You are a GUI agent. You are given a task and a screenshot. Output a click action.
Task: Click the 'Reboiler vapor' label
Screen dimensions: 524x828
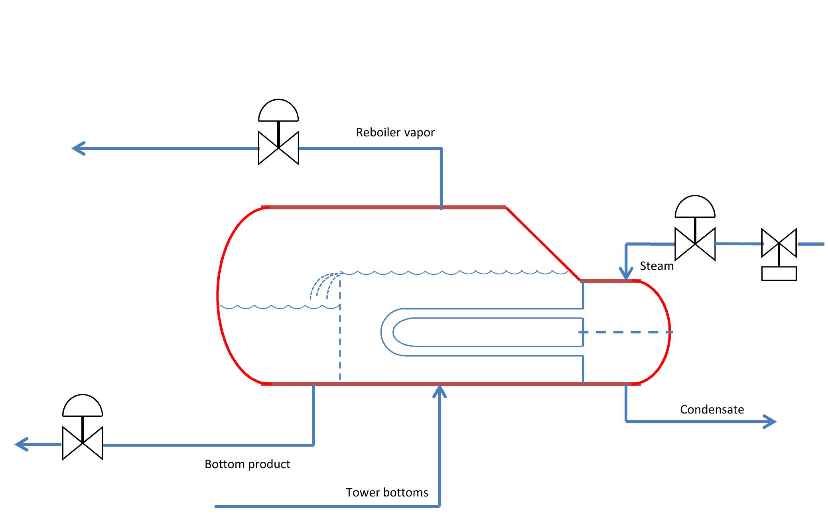[x=395, y=132]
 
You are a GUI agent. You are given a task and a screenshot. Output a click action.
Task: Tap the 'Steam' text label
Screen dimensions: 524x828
[x=656, y=266]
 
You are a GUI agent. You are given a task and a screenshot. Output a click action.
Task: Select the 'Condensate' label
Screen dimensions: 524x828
[x=712, y=410]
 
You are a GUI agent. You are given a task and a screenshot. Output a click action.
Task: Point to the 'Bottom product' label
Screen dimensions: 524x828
[x=247, y=464]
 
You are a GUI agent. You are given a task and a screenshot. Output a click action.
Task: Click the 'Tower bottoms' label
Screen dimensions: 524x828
[x=387, y=492]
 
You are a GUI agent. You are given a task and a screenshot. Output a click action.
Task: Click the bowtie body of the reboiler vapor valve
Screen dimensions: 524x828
[x=278, y=148]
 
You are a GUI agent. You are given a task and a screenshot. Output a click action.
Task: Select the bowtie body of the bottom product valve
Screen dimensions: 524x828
[x=83, y=443]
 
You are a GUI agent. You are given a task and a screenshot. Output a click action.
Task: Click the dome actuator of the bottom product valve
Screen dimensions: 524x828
[x=83, y=407]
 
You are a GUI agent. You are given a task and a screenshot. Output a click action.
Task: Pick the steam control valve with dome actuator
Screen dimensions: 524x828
[x=695, y=244]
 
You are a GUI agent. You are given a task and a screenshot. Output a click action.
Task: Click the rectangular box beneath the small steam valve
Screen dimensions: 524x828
[x=779, y=274]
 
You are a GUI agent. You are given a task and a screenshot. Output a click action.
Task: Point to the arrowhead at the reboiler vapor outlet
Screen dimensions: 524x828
[x=78, y=148]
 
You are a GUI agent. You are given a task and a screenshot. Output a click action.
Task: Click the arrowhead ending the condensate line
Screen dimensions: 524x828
[x=770, y=422]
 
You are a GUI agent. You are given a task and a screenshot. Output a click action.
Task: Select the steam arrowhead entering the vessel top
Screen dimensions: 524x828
[x=626, y=274]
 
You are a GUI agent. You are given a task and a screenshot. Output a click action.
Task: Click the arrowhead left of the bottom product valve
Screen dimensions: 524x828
[x=22, y=444]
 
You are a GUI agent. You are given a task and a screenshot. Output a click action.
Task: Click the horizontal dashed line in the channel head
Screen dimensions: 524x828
[x=626, y=332]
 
